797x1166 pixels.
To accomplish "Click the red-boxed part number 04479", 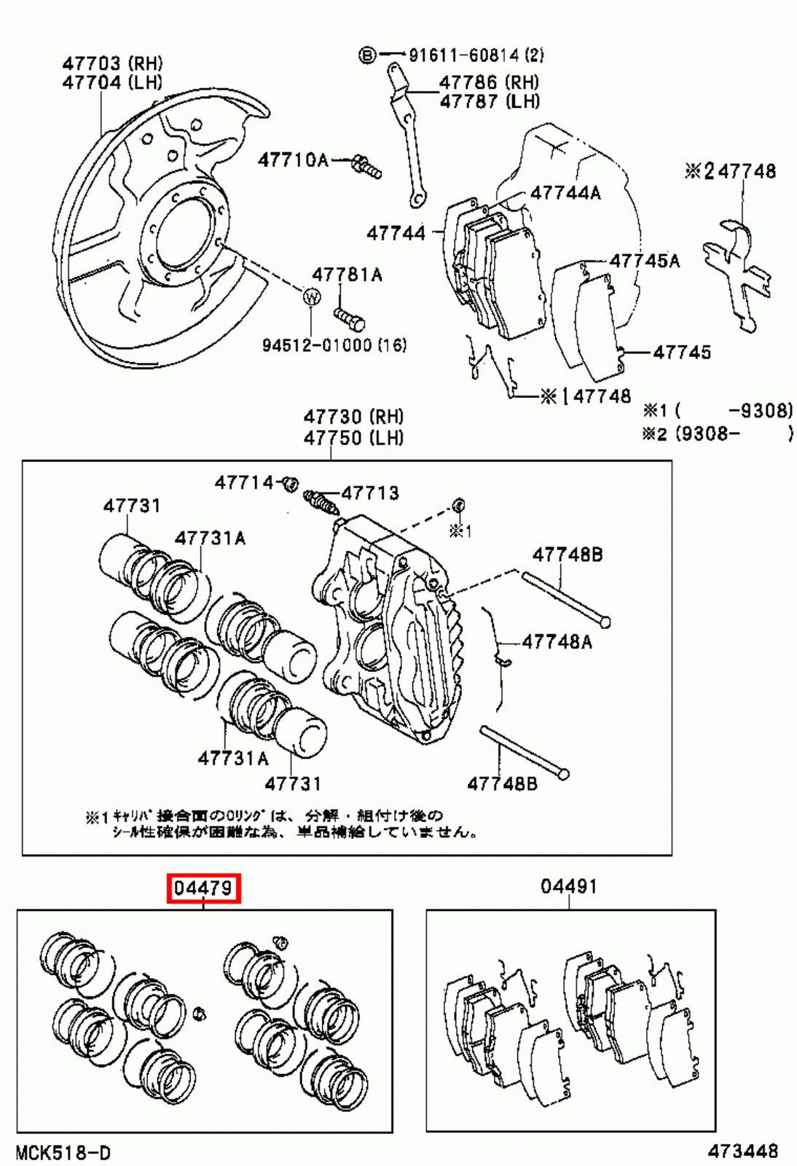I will [x=203, y=888].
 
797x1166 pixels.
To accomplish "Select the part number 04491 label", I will [x=569, y=887].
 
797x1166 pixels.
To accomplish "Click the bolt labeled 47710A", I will [x=366, y=167].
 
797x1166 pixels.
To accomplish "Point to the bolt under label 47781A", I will [x=349, y=318].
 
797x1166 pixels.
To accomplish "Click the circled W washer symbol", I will [x=312, y=297].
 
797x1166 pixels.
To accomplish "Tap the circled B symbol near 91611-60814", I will [x=368, y=55].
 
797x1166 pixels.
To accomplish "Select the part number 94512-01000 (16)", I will [x=334, y=345].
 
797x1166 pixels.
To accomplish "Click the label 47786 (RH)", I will [x=489, y=82].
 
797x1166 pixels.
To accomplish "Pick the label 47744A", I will [x=565, y=193].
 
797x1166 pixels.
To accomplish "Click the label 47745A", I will [x=644, y=261].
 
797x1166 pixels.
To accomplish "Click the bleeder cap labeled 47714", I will [x=290, y=482].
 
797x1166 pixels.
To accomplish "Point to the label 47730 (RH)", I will [x=353, y=417].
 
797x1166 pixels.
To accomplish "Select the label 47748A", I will [x=557, y=642].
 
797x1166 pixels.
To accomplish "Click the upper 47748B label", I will [x=567, y=555].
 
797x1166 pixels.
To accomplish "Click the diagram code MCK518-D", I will [x=63, y=1152].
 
